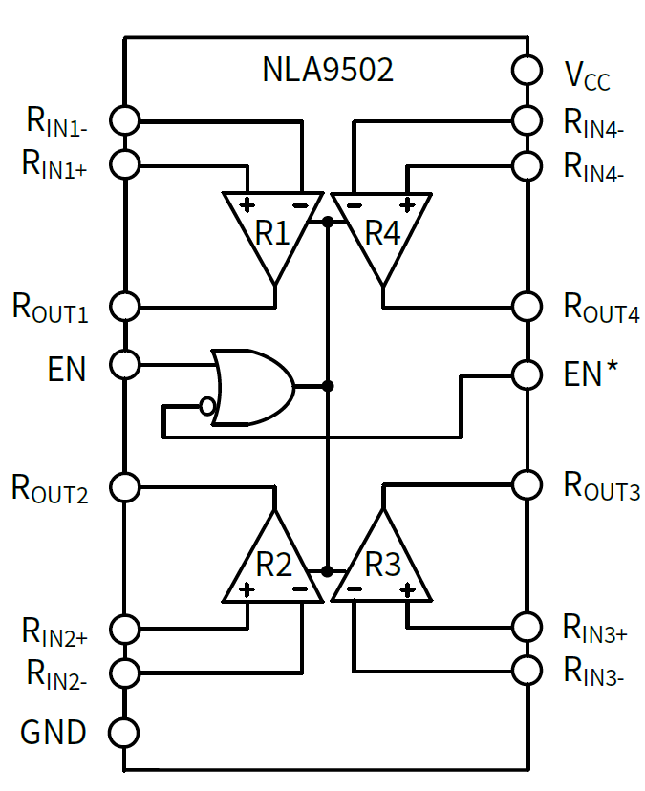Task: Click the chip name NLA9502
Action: click(328, 70)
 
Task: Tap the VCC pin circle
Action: click(526, 70)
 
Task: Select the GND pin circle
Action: click(124, 733)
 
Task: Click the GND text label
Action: click(54, 733)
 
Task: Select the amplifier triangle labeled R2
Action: click(273, 564)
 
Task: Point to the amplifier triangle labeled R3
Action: click(382, 564)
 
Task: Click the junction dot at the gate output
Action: click(328, 387)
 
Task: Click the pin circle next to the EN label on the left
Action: click(124, 364)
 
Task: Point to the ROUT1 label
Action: click(50, 308)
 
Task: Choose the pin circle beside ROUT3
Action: click(526, 484)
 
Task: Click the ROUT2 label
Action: click(50, 488)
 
